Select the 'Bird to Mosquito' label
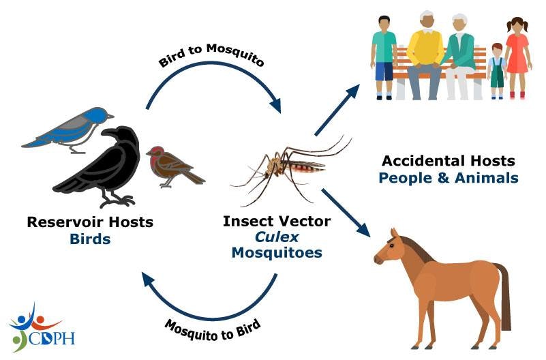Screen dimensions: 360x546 coord(211,58)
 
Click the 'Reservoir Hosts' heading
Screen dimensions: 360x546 coord(90,222)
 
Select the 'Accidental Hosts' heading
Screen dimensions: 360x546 coord(448,162)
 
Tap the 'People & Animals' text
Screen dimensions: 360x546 coord(448,178)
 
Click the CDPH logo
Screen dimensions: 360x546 coord(41,327)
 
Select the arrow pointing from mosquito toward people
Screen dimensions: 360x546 coord(338,109)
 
